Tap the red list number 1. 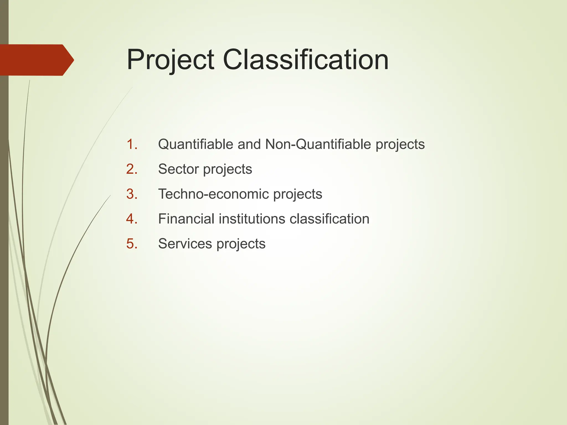click(x=132, y=144)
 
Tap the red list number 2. click(x=132, y=169)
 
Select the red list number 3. click(x=132, y=194)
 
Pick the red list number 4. click(x=132, y=219)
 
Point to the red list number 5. click(x=132, y=244)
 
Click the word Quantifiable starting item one click(x=195, y=144)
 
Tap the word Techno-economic click(x=213, y=194)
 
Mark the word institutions click(x=252, y=219)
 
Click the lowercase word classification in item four click(x=329, y=219)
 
